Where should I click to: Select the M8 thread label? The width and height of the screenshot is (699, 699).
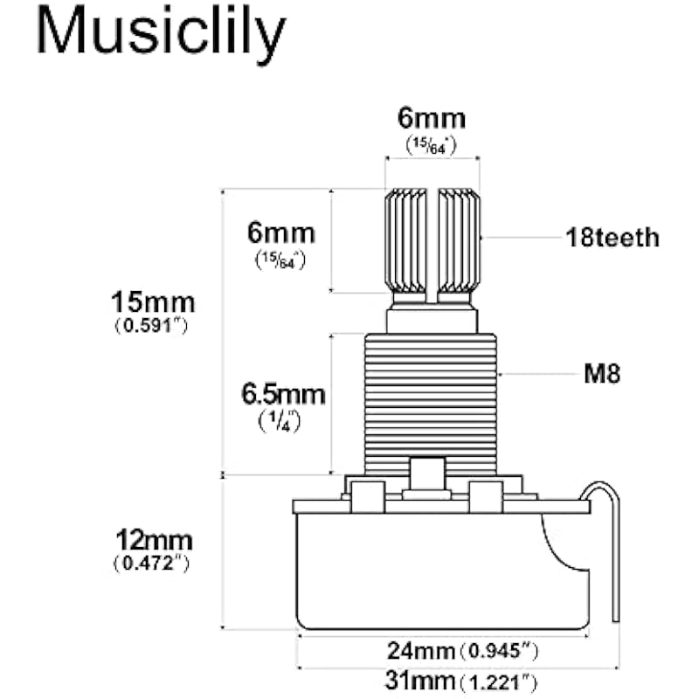tap(602, 375)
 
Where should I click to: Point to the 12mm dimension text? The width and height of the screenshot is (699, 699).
tap(152, 539)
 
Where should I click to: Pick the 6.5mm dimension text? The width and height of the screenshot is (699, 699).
tap(283, 394)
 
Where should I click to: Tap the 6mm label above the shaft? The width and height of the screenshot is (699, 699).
tap(432, 119)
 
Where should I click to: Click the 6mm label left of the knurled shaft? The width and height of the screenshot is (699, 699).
tap(280, 234)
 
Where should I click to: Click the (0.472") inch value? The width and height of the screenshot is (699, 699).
tap(152, 564)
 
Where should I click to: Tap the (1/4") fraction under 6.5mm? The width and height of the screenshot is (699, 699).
tap(283, 421)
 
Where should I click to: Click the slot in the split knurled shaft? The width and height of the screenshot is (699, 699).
tap(433, 240)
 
